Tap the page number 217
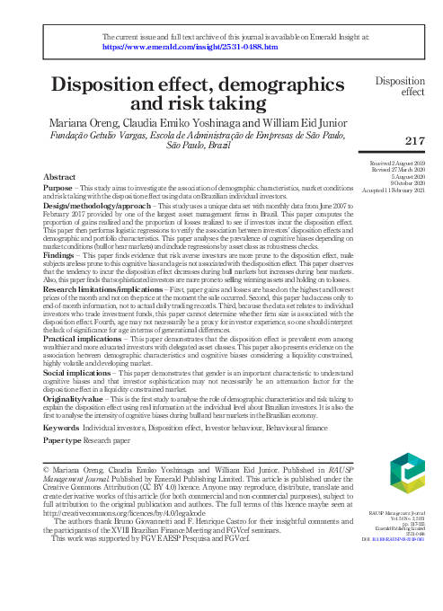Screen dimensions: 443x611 click(414, 141)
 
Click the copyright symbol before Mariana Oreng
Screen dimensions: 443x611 click(48, 470)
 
